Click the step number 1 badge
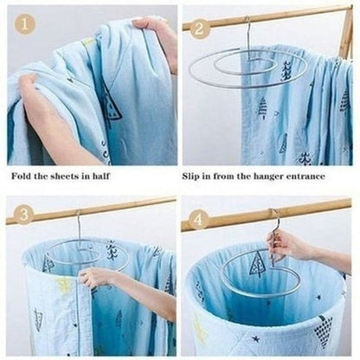click(25, 24)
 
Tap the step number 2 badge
click(198, 29)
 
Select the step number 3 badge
click(24, 214)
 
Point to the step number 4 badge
click(198, 220)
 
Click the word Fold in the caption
click(21, 176)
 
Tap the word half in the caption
click(100, 176)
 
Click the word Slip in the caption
click(191, 177)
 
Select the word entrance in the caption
click(305, 177)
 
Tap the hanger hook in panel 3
click(78, 228)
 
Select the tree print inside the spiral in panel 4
click(257, 264)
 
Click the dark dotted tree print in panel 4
click(323, 327)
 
